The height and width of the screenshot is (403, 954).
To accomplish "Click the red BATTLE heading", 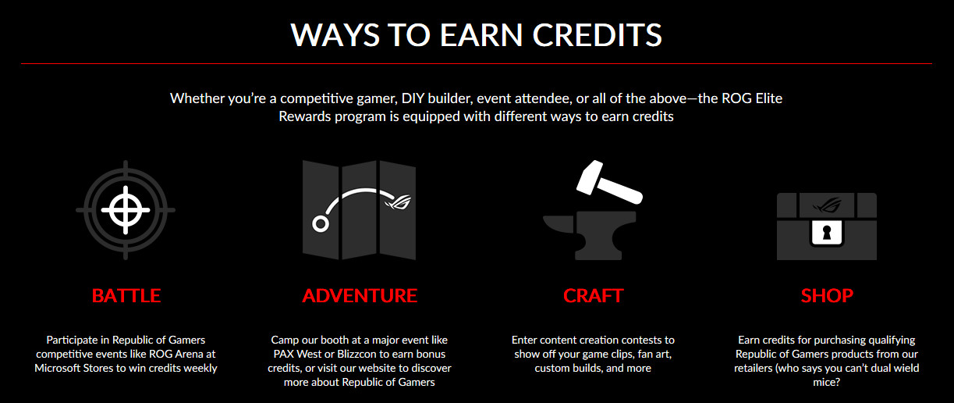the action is (x=126, y=295).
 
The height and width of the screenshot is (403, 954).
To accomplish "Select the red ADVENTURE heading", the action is (x=360, y=295).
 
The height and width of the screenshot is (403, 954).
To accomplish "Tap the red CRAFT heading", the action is (x=594, y=295).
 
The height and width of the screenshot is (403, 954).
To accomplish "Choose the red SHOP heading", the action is (x=827, y=295).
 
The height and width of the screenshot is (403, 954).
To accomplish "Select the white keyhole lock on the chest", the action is (x=827, y=233).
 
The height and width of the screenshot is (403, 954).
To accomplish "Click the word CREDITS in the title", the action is (x=597, y=35).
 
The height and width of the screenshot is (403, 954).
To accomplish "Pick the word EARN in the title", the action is (x=481, y=35).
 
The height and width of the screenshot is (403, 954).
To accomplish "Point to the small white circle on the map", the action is (x=321, y=224).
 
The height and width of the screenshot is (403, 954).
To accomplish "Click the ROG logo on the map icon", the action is (x=398, y=201).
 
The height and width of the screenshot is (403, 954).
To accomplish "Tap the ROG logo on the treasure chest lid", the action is (x=827, y=205).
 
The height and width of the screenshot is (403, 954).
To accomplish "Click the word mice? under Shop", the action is (x=826, y=382).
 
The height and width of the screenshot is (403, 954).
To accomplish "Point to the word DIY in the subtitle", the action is (x=413, y=98).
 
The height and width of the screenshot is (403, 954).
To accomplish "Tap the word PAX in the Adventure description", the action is (x=283, y=354).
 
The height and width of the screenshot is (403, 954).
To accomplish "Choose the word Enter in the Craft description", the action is (x=525, y=340).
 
